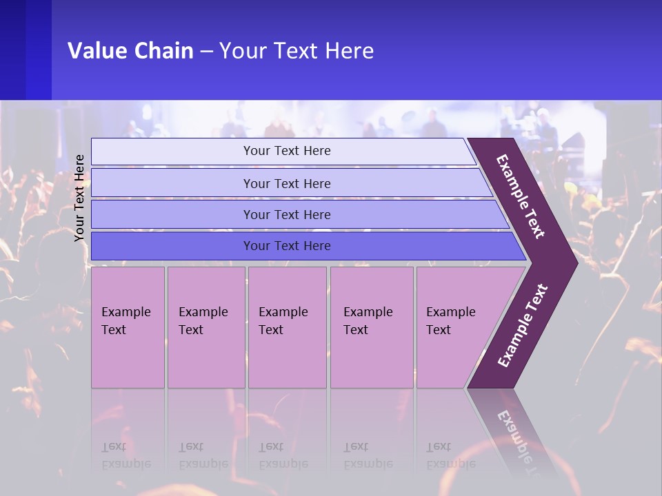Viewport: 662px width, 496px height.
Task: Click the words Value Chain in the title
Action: (130, 50)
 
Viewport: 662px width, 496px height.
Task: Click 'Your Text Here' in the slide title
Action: (297, 50)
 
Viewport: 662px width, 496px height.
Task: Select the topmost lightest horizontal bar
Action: (287, 151)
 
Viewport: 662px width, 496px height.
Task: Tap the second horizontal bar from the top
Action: (287, 183)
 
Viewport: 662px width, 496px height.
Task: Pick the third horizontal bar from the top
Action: (287, 214)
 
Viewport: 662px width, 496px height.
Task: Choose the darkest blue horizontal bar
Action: (287, 246)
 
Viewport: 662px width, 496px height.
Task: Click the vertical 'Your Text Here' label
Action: (79, 198)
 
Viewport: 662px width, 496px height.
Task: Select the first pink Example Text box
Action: (128, 327)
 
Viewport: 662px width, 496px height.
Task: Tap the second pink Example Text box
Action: (205, 327)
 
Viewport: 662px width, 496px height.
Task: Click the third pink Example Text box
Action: (287, 327)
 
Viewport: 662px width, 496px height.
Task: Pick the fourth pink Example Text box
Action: (371, 327)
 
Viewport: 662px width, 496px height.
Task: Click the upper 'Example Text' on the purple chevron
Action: (521, 196)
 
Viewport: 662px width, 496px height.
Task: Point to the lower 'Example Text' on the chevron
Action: (523, 325)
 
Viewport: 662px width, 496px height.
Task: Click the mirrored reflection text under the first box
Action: (126, 455)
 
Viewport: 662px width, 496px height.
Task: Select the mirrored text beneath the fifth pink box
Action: (450, 455)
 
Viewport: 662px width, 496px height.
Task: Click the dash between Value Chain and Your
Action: (206, 52)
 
